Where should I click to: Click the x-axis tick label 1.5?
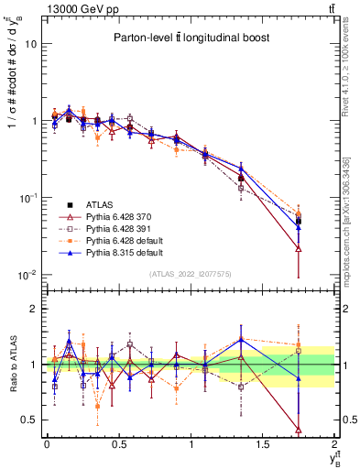(x=263, y=442)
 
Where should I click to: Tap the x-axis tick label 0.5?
(x=118, y=442)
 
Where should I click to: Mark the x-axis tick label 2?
(x=335, y=442)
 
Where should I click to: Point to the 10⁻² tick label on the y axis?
(x=27, y=275)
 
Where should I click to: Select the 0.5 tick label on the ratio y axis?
(x=27, y=420)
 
